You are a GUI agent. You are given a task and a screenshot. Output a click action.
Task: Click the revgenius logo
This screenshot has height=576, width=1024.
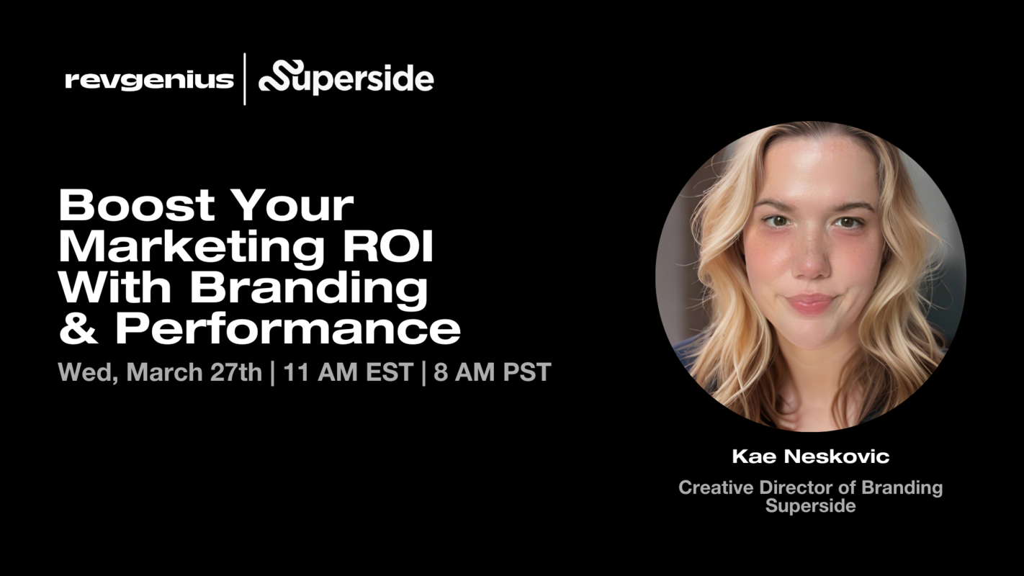[149, 79]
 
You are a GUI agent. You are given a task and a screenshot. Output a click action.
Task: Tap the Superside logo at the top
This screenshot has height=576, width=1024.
[346, 78]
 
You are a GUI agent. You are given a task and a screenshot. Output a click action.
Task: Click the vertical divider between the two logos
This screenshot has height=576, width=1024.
[245, 78]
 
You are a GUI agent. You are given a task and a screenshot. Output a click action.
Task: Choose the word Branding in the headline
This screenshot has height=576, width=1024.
[309, 287]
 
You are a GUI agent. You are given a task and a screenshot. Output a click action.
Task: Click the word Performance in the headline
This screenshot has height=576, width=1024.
[287, 328]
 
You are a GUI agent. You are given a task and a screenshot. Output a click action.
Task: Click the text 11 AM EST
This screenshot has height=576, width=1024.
[348, 372]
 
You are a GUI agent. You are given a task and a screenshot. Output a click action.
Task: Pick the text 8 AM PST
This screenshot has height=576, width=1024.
[493, 372]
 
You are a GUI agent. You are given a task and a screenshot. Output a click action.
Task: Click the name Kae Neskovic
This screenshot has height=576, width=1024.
[810, 456]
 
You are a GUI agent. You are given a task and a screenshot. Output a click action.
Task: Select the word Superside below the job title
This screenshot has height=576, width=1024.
[810, 505]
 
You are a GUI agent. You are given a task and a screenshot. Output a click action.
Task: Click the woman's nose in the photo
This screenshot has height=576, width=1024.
[812, 259]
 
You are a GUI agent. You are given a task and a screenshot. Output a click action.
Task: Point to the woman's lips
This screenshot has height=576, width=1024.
[810, 302]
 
